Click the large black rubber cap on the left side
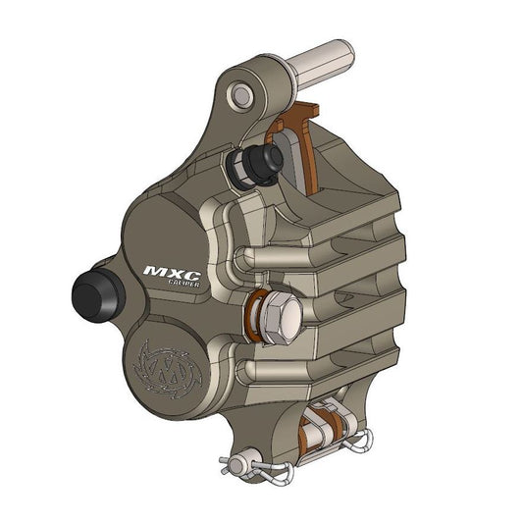[x=93, y=291]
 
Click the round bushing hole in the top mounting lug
[x=240, y=95]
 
